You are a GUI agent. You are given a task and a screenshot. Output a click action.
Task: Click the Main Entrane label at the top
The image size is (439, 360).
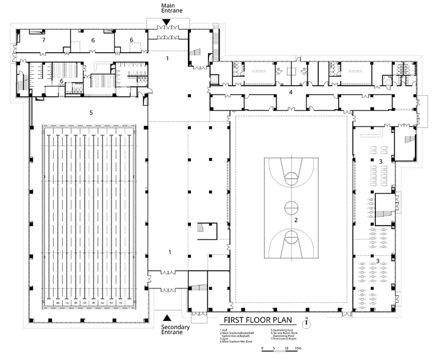click(x=172, y=8)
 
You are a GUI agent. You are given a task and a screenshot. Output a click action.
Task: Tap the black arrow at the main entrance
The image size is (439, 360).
click(x=166, y=22)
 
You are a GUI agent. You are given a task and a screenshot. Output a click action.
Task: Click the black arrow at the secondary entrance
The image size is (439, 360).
click(x=167, y=318)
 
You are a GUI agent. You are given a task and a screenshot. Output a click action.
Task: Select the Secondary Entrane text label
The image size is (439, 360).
click(x=176, y=330)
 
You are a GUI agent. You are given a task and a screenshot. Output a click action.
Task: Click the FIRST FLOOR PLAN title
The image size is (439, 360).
click(x=258, y=320)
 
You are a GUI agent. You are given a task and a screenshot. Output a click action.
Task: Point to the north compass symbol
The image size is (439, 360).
click(x=307, y=323)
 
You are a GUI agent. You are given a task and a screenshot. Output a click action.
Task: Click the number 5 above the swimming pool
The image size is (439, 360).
click(x=91, y=113)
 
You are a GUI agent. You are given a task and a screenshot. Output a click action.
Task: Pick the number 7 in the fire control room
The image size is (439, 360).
click(x=44, y=40)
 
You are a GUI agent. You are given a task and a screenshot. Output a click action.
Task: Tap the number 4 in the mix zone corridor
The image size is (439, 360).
click(x=291, y=92)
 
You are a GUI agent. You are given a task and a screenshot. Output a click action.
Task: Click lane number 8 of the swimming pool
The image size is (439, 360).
click(x=57, y=303)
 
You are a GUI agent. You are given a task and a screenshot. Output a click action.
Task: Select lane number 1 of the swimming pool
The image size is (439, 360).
click(x=120, y=303)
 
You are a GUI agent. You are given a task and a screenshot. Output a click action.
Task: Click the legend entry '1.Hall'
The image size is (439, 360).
click(x=224, y=330)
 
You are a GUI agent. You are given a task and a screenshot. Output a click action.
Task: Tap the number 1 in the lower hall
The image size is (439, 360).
click(x=170, y=252)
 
